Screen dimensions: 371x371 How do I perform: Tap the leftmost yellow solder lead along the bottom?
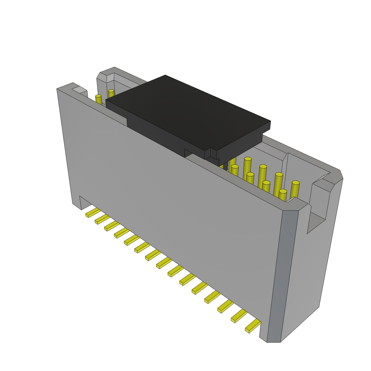[x=93, y=213]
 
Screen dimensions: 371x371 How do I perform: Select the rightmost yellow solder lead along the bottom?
[x=253, y=326]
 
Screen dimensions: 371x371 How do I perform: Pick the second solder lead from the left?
[x=102, y=219]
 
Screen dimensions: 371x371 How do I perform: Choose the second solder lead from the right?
[x=239, y=316]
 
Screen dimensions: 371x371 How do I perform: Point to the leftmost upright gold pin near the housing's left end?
[x=98, y=100]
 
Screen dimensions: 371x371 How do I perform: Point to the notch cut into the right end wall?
[x=317, y=217]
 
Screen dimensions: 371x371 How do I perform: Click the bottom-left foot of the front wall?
[x=77, y=205]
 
